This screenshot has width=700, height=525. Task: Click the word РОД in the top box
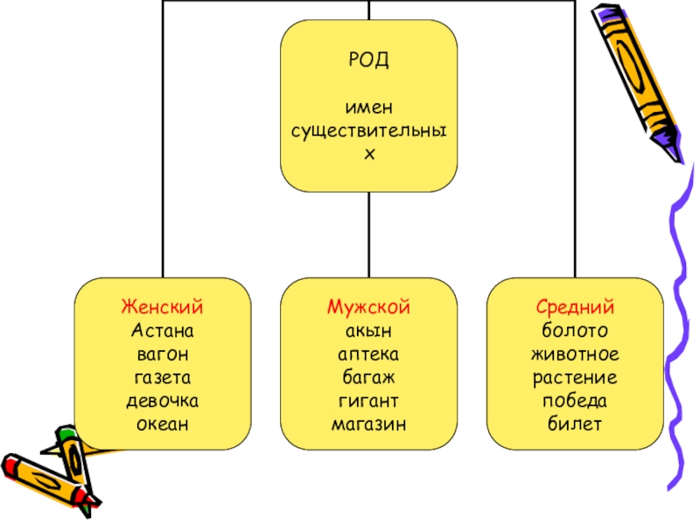(x=368, y=60)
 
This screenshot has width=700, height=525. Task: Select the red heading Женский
(x=163, y=307)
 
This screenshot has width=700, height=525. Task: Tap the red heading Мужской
(x=368, y=307)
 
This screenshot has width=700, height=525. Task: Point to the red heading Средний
(x=575, y=307)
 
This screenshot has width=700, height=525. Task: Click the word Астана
(x=163, y=331)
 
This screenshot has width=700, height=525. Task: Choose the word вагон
(x=163, y=354)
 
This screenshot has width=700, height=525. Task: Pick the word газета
(x=163, y=378)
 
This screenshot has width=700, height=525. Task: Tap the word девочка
(x=163, y=401)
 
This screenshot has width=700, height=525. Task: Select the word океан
(x=163, y=424)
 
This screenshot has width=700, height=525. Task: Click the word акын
(x=368, y=331)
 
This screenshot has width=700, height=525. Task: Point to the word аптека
(x=368, y=354)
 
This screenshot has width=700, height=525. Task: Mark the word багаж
(x=368, y=378)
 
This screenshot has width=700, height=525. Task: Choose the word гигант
(x=368, y=401)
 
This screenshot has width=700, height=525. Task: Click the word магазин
(x=368, y=424)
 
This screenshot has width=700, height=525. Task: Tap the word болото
(x=575, y=331)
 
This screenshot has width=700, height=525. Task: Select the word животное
(x=575, y=354)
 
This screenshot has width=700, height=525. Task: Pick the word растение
(x=575, y=378)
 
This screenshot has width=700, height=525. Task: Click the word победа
(x=575, y=401)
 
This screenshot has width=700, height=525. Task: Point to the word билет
(x=575, y=424)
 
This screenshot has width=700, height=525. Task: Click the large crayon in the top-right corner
(x=637, y=79)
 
